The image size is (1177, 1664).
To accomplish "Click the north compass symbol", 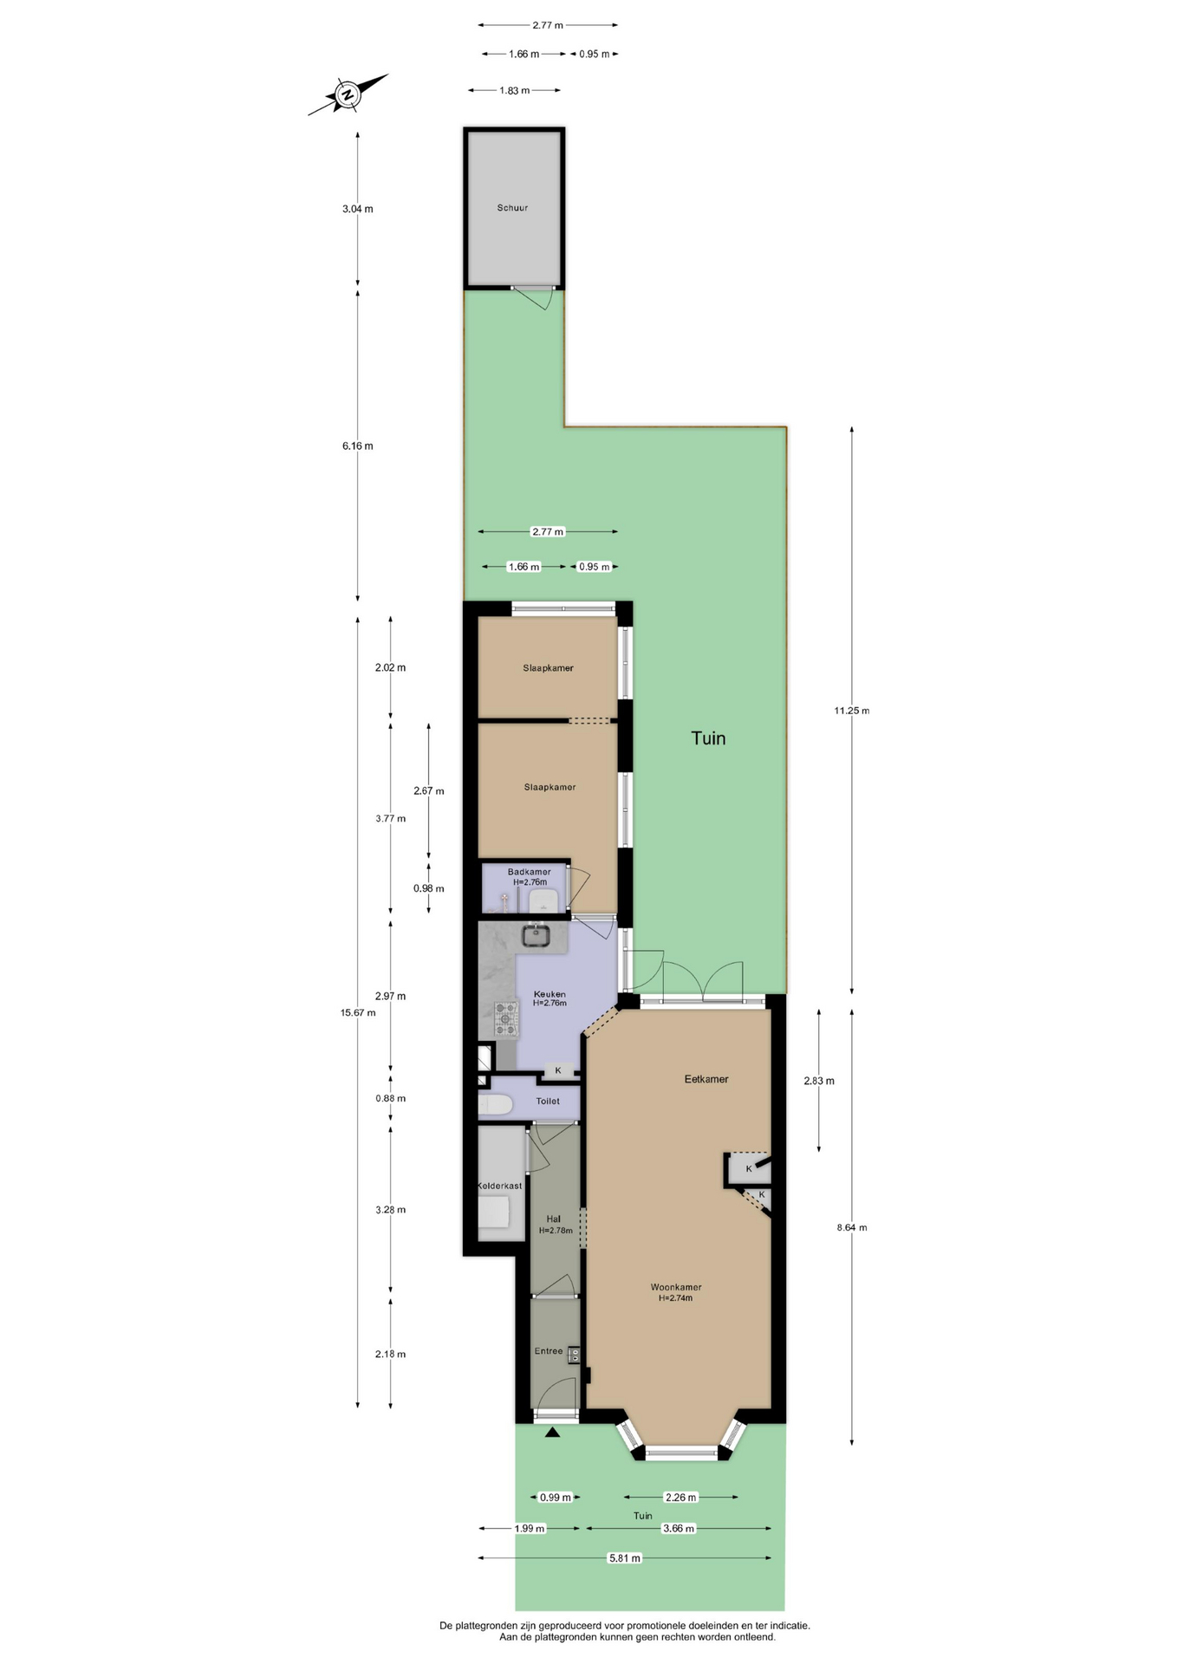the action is (x=348, y=94).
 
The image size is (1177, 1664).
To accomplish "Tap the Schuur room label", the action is (x=512, y=208).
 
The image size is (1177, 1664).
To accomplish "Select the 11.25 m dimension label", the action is (x=851, y=711).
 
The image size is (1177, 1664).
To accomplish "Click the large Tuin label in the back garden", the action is (x=708, y=738).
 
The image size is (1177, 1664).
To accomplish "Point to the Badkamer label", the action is (x=529, y=872).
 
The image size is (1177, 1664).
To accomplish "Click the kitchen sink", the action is (x=536, y=936).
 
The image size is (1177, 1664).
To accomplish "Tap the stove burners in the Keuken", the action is (x=505, y=1019).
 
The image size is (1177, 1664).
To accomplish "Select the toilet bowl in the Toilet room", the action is (x=496, y=1104).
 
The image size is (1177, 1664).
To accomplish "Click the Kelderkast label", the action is (x=500, y=1186).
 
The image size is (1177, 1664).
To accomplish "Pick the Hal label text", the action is (x=554, y=1219).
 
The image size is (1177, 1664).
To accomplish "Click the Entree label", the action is (x=549, y=1351).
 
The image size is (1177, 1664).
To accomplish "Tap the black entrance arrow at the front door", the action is (x=552, y=1433).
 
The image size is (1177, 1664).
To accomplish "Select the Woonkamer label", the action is (x=676, y=1287).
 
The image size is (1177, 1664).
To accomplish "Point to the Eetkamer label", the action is (x=706, y=1079).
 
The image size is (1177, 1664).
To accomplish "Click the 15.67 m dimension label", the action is (x=358, y=1012).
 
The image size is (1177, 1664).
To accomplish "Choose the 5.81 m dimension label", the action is (x=624, y=1558).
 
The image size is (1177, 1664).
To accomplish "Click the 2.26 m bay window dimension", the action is (x=680, y=1497).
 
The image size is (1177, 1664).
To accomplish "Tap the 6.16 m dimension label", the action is (x=358, y=446).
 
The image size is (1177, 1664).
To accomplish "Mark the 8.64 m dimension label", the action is (x=851, y=1227).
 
